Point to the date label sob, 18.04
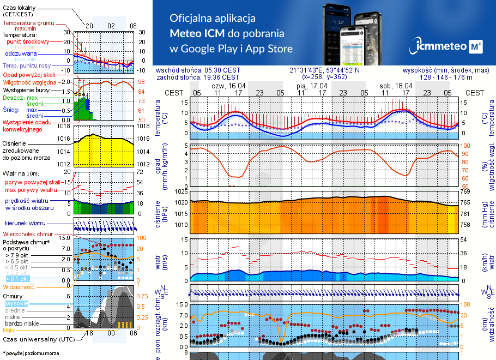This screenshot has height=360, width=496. [x=395, y=86]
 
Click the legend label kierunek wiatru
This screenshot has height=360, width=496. [x=22, y=224]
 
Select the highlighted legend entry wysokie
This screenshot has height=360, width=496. [x=16, y=303]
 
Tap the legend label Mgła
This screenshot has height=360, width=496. [x=9, y=330]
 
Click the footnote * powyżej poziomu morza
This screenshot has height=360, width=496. [x=31, y=353]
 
